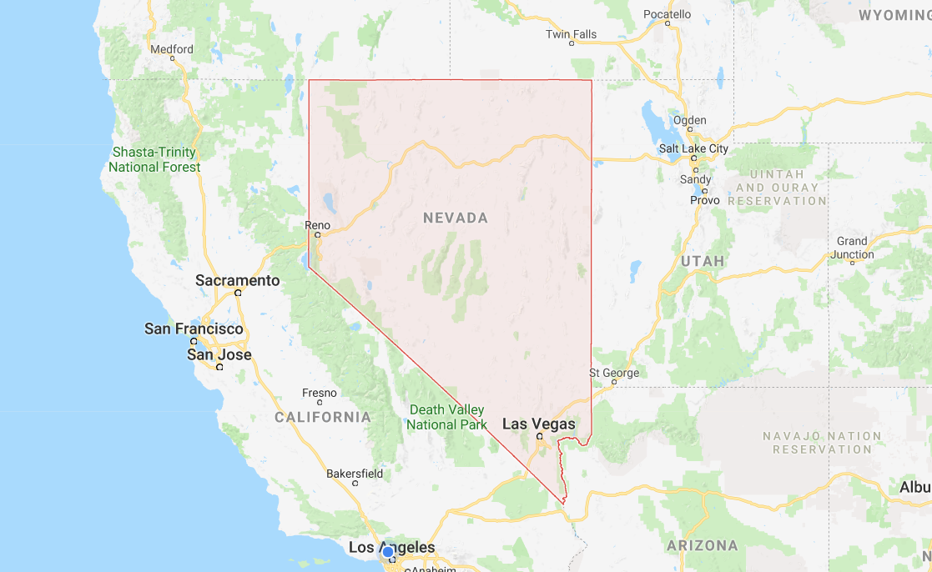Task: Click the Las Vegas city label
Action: point(538,424)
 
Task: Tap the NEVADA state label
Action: point(455,218)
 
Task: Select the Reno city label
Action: point(317,225)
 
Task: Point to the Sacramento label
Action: point(237,280)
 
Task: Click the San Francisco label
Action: point(194,329)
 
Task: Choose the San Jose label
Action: point(219,354)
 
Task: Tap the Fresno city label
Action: point(319,393)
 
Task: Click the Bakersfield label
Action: point(355,474)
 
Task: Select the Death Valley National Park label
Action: point(446,417)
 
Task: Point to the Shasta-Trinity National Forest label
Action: point(154,159)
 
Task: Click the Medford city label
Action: point(171,49)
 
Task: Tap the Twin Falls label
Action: point(571,34)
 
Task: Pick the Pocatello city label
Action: point(667,14)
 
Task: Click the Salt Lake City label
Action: point(693,148)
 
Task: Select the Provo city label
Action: point(704,201)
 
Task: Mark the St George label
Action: point(614,373)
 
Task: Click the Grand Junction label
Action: point(852,248)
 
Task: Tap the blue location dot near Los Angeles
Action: point(388,551)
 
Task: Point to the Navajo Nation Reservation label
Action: point(821,443)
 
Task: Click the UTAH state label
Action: point(702,261)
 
